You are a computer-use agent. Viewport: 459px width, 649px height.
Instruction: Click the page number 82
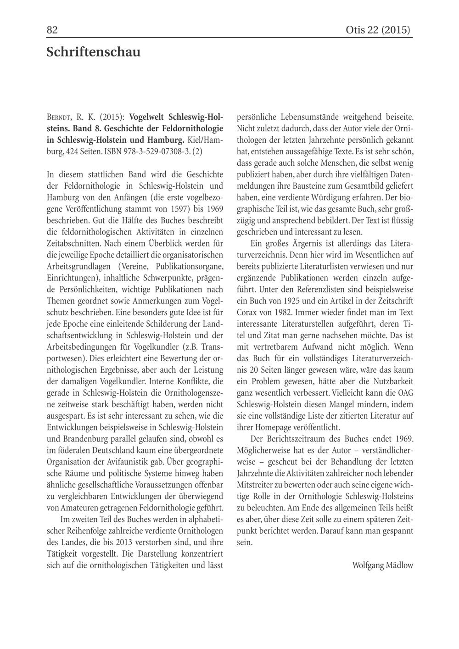(52, 30)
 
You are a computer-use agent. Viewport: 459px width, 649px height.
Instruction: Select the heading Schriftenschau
(93, 52)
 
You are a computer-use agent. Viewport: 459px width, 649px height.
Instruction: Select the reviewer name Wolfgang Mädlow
(382, 565)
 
